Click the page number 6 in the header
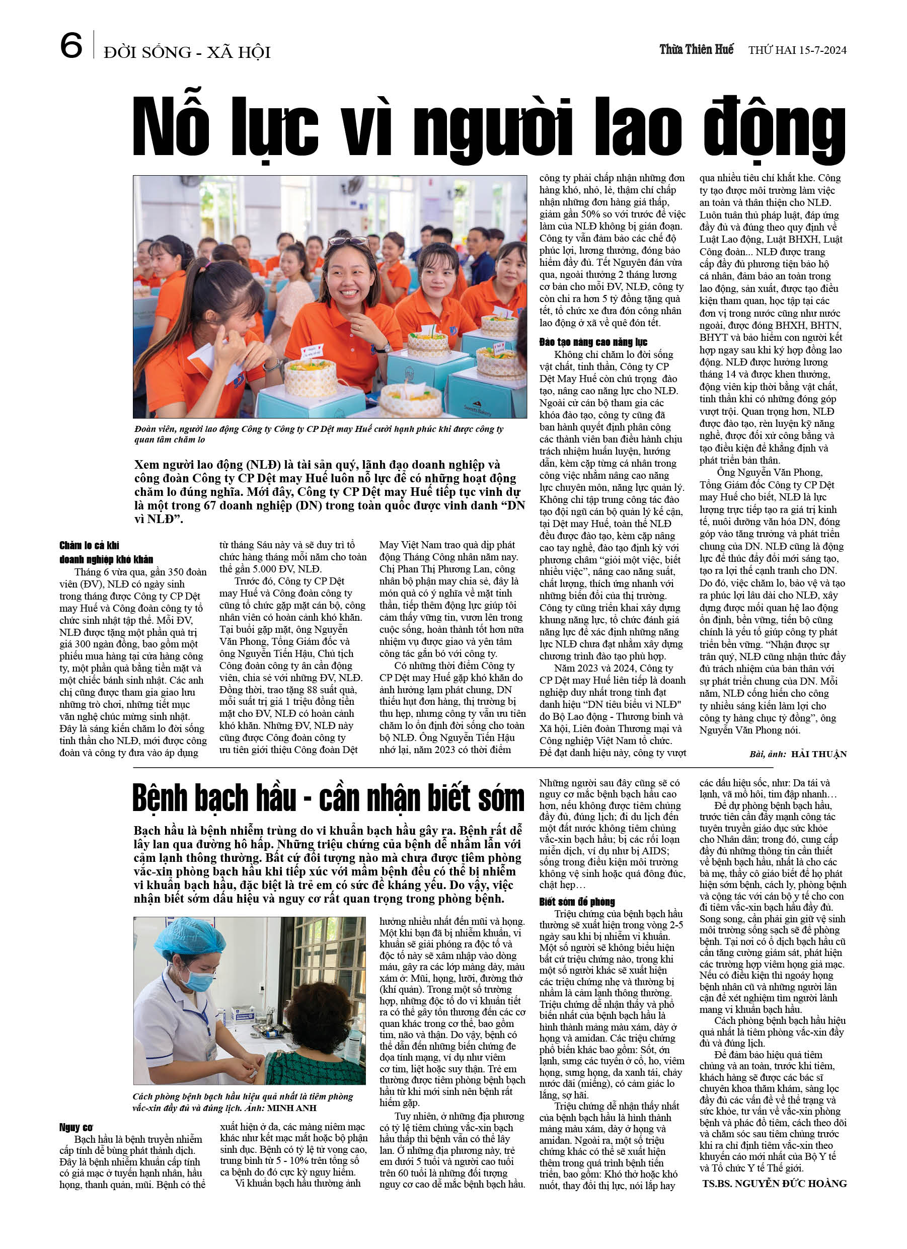coord(71,46)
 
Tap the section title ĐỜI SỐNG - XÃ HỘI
coord(187,52)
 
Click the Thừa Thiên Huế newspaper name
coord(696,49)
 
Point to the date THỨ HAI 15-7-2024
coord(797,50)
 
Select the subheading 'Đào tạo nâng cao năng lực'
coord(593,342)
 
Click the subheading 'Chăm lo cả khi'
coord(89,545)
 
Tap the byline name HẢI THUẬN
coord(819,754)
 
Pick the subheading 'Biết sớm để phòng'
coord(577,902)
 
